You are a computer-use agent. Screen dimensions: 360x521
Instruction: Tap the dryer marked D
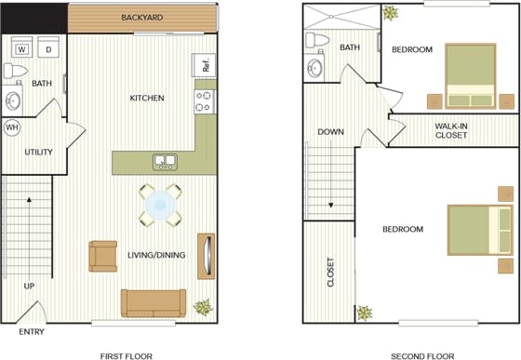click(48, 48)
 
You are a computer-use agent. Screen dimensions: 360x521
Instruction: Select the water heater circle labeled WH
click(13, 127)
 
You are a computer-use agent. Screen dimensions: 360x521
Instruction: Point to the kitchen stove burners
click(204, 100)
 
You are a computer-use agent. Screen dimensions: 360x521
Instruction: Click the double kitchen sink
click(166, 162)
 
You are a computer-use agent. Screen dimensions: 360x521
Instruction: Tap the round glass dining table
click(162, 205)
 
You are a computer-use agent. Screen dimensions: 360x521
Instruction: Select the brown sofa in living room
click(154, 302)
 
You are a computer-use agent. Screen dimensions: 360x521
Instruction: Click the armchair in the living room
click(102, 256)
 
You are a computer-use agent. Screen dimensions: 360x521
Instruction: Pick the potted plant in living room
click(201, 306)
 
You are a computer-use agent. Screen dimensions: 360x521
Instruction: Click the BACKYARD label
click(142, 18)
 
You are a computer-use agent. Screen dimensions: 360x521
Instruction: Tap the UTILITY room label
click(38, 153)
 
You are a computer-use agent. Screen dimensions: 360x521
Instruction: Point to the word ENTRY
click(32, 332)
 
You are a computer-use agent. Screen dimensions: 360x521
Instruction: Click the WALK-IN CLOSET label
click(451, 130)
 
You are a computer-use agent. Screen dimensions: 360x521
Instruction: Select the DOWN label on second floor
click(330, 132)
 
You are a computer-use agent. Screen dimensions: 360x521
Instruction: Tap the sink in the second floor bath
click(314, 68)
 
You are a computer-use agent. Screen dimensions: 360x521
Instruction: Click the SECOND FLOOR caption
click(422, 354)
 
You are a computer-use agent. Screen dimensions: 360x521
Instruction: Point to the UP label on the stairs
click(29, 286)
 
